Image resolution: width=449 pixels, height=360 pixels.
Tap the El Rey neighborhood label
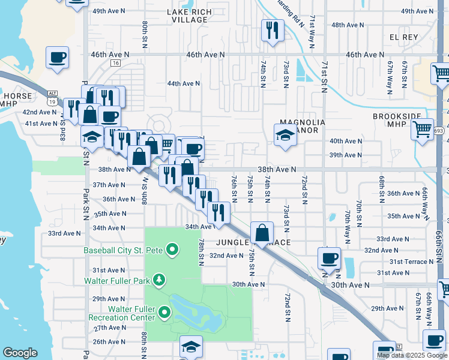pyautogui.click(x=403, y=37)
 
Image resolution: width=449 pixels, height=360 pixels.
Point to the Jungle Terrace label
pyautogui.click(x=253, y=242)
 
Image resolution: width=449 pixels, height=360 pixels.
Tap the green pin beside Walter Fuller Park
pyautogui.click(x=159, y=280)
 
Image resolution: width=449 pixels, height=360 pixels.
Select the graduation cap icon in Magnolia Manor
pyautogui.click(x=285, y=135)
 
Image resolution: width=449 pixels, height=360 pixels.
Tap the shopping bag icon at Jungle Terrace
pyautogui.click(x=262, y=232)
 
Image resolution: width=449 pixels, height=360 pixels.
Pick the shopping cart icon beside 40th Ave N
pyautogui.click(x=422, y=128)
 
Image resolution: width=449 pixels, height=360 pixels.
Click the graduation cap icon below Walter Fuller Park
pyautogui.click(x=191, y=346)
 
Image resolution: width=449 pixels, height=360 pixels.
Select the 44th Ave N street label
pyautogui.click(x=184, y=83)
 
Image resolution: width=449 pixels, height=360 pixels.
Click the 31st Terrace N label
pyautogui.click(x=411, y=262)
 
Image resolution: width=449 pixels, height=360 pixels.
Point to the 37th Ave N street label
pyautogui.click(x=108, y=185)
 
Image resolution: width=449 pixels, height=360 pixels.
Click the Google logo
pyautogui.click(x=20, y=353)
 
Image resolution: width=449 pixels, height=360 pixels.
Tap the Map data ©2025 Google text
pyautogui.click(x=412, y=355)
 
